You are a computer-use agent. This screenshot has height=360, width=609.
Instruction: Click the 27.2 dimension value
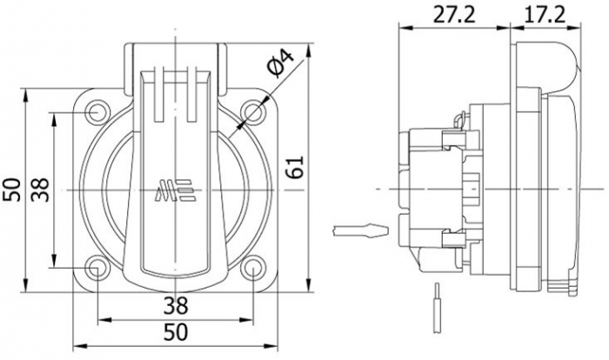click(453, 15)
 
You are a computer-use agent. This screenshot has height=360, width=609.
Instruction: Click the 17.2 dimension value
click(545, 15)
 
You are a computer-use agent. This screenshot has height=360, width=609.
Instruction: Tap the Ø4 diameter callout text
click(280, 63)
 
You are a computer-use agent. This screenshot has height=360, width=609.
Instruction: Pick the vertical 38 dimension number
click(40, 190)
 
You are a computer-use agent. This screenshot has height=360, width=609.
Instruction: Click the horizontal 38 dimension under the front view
click(176, 305)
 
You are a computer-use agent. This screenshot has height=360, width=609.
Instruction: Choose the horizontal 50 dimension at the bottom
click(176, 332)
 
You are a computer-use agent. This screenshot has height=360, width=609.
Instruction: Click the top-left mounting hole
click(97, 113)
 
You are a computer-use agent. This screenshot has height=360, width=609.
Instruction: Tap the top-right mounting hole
click(253, 112)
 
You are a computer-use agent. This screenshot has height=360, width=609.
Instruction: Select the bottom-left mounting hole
click(97, 268)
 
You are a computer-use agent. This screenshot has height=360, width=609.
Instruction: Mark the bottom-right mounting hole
click(253, 268)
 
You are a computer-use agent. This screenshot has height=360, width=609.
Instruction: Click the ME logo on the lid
click(175, 190)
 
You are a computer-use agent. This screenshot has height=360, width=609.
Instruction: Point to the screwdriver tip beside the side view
click(360, 230)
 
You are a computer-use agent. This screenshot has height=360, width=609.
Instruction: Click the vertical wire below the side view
click(437, 308)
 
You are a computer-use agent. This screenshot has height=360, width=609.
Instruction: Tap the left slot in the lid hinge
click(159, 94)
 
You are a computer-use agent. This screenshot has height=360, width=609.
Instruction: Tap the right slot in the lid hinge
click(192, 94)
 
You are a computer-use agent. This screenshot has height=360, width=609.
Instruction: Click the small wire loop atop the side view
click(460, 119)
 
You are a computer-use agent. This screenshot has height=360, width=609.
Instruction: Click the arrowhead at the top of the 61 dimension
click(309, 51)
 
